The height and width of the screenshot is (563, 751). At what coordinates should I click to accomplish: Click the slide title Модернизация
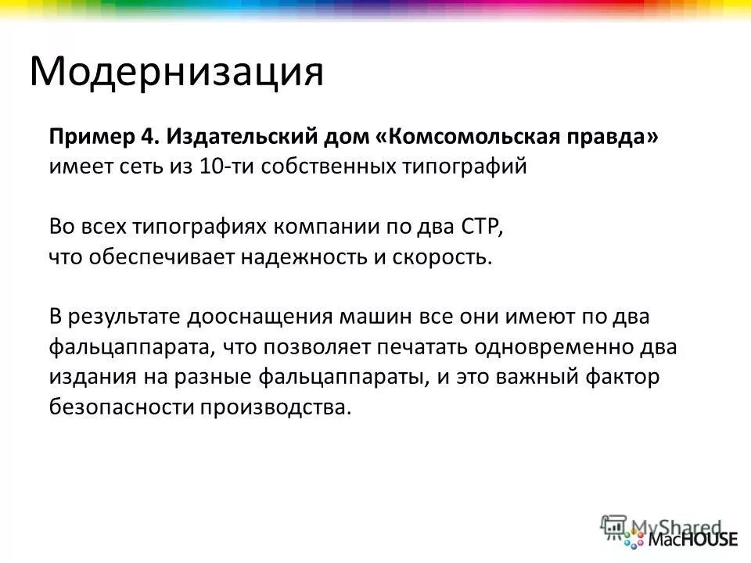point(176,73)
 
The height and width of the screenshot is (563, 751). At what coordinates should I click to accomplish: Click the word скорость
point(444,257)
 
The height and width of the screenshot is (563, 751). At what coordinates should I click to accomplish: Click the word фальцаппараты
point(341,378)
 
